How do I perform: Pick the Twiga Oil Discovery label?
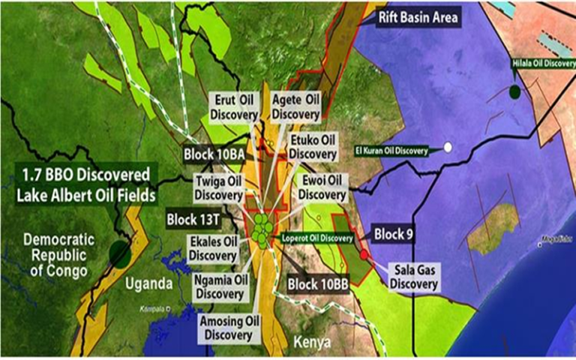point(217,187)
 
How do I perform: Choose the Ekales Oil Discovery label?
point(213,247)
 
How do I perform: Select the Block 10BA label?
point(214,154)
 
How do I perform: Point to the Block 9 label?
point(391,233)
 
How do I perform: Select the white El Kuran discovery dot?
point(448,148)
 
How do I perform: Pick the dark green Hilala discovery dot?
point(514,92)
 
